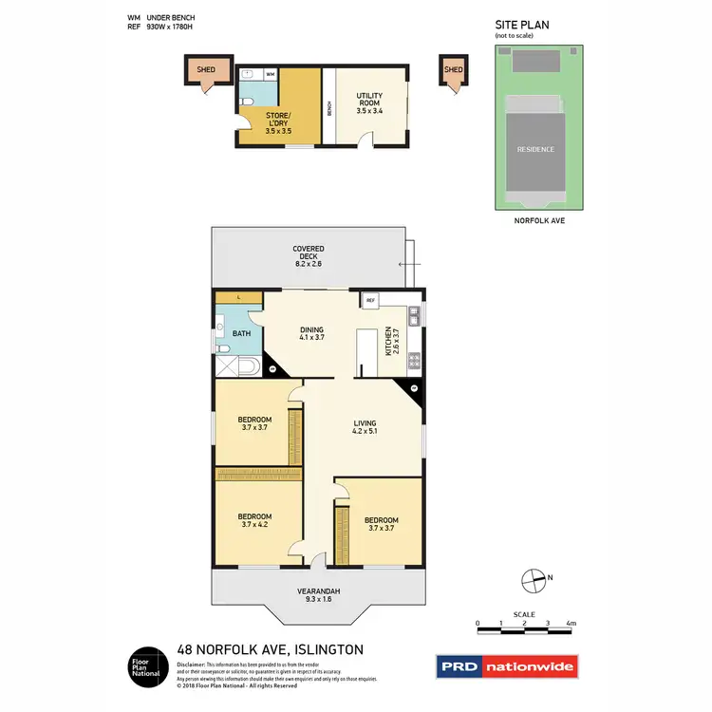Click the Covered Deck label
click(308, 253)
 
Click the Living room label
click(365, 428)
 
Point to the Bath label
click(241, 333)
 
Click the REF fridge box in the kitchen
click(371, 301)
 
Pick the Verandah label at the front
click(318, 595)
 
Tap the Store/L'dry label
click(278, 123)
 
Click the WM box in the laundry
click(270, 73)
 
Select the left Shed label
click(206, 70)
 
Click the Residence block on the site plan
click(535, 149)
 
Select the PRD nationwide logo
click(505, 667)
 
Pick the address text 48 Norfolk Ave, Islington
click(270, 650)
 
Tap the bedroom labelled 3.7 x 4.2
click(256, 521)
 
